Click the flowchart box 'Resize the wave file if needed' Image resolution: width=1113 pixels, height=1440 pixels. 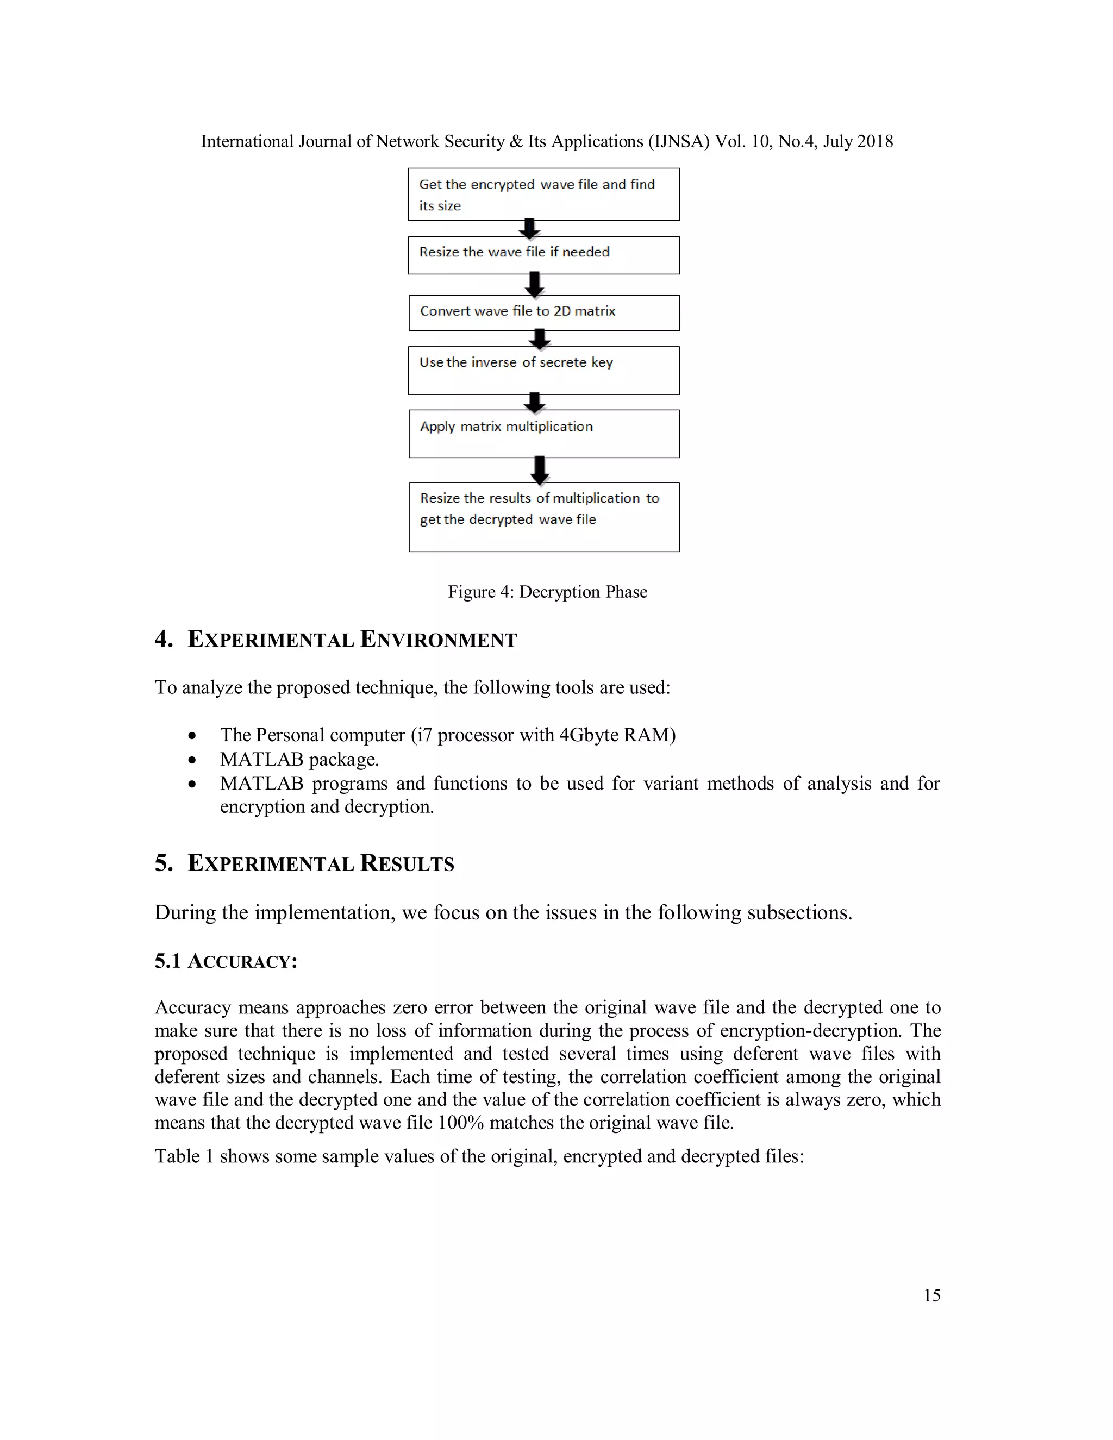click(x=543, y=255)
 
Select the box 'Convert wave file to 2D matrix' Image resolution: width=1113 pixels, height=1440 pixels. click(x=543, y=312)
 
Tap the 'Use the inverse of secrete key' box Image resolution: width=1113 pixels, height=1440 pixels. click(x=543, y=371)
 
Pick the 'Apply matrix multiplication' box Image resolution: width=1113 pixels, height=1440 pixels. click(x=543, y=434)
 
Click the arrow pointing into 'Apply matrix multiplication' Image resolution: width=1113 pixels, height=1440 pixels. click(x=535, y=402)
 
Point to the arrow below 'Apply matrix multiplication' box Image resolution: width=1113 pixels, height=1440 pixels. click(x=539, y=470)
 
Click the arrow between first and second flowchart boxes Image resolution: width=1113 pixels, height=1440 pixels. click(x=529, y=228)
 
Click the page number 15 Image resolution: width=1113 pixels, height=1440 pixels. click(x=931, y=1295)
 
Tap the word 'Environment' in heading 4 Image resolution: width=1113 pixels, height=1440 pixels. click(x=439, y=639)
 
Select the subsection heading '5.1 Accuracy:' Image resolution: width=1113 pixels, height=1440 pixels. click(x=226, y=961)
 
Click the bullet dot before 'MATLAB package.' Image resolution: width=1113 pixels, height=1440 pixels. click(x=192, y=760)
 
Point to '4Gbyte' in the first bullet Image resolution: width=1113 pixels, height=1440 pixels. click(x=587, y=735)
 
